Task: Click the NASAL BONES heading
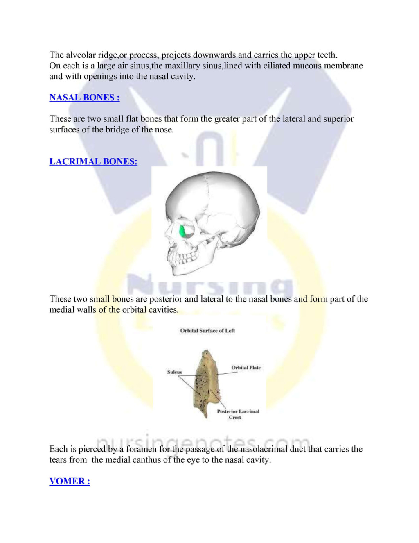[84, 98]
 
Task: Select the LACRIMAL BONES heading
[93, 161]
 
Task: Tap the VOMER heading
[70, 481]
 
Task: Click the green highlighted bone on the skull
[185, 231]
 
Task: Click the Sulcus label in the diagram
[174, 372]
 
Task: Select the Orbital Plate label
[246, 368]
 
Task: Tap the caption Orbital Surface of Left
[207, 331]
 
